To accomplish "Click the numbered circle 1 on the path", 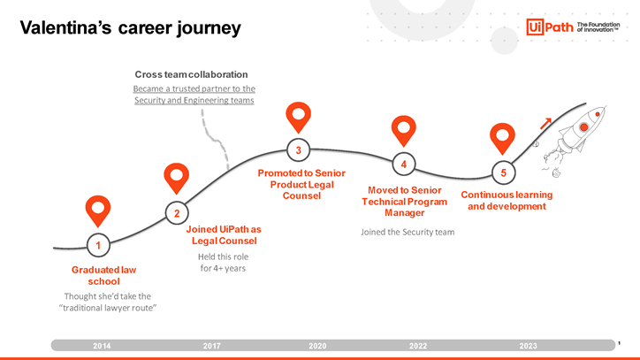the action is tap(98, 245).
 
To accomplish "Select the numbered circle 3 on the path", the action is tap(299, 150).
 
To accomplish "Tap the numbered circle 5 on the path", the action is tap(503, 172).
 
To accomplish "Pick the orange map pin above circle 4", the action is tap(404, 131).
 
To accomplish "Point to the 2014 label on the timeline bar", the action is tap(102, 346).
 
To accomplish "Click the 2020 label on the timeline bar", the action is tap(317, 346).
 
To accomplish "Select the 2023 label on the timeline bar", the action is tap(528, 346).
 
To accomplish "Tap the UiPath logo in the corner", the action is tap(573, 27).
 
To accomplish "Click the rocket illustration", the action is tap(575, 139).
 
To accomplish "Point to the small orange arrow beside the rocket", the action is tap(545, 124).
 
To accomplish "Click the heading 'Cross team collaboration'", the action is tap(191, 74).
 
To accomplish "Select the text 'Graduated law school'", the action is tap(103, 275).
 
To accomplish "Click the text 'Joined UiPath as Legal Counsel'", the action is tap(224, 235).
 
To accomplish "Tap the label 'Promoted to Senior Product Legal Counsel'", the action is tap(301, 184).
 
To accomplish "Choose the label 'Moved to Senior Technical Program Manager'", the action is tap(405, 202).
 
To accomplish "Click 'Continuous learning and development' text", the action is tap(507, 200).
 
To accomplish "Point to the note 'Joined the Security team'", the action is tap(408, 232).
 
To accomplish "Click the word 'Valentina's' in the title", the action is tap(65, 27).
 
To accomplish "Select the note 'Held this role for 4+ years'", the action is tap(223, 263).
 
